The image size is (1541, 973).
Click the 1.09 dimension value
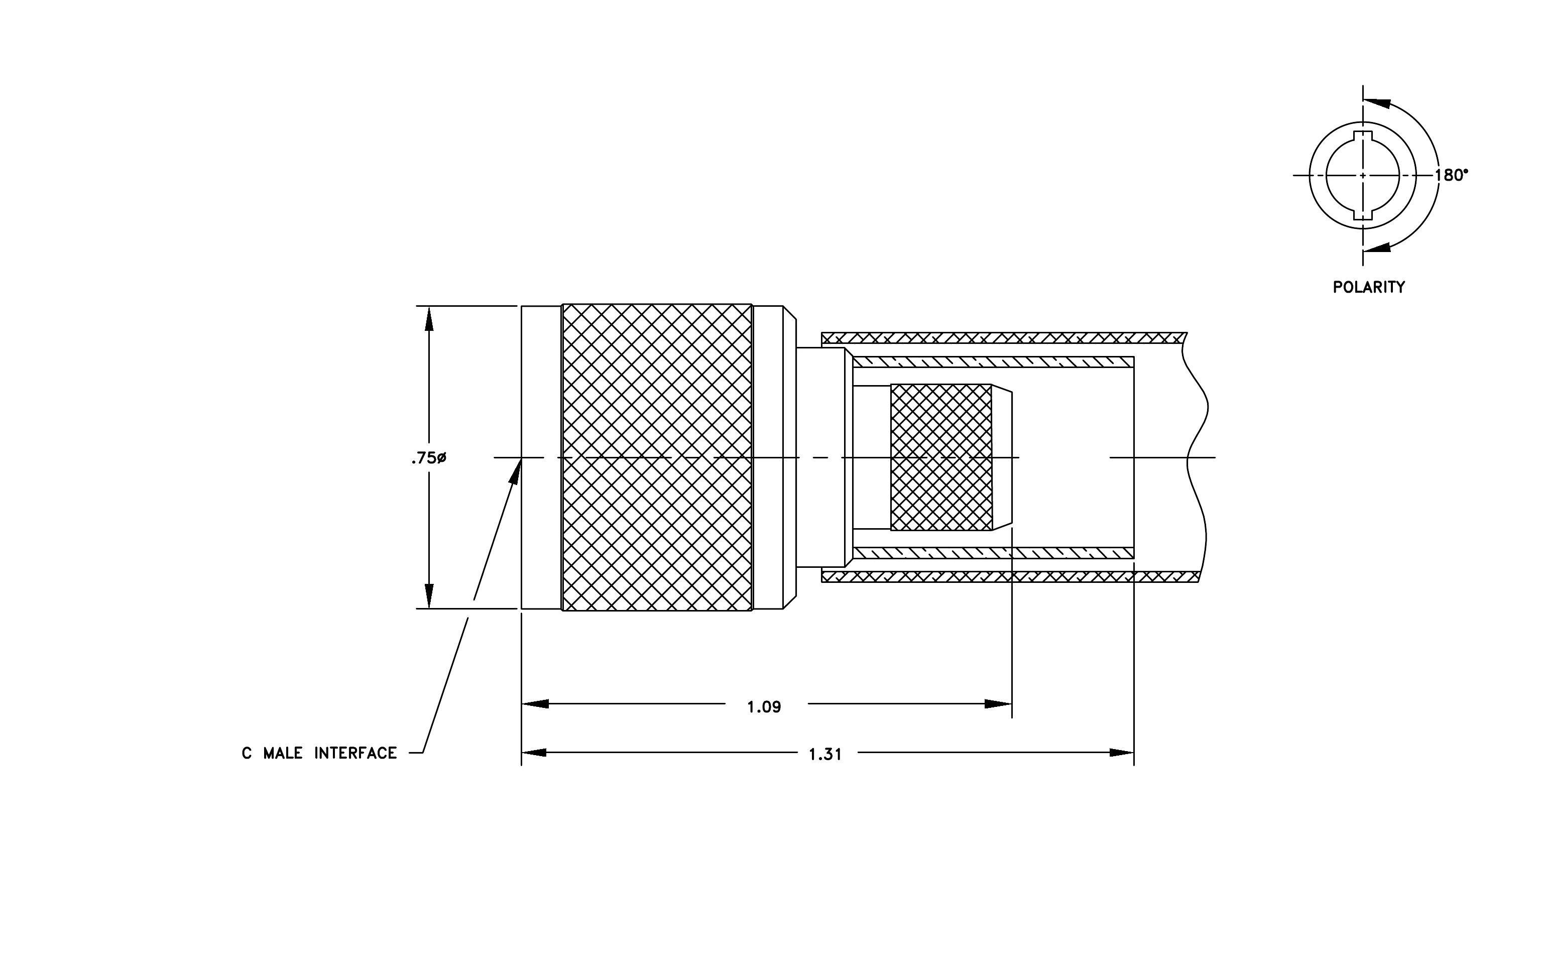point(764,707)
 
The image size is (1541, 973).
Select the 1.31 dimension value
point(825,755)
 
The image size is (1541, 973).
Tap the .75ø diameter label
point(429,458)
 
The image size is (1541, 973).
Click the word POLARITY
point(1369,287)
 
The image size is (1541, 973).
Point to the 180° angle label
point(1452,175)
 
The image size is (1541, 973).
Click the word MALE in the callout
point(283,754)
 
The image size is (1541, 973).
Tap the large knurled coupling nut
point(657,457)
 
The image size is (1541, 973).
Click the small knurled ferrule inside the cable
point(941,457)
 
